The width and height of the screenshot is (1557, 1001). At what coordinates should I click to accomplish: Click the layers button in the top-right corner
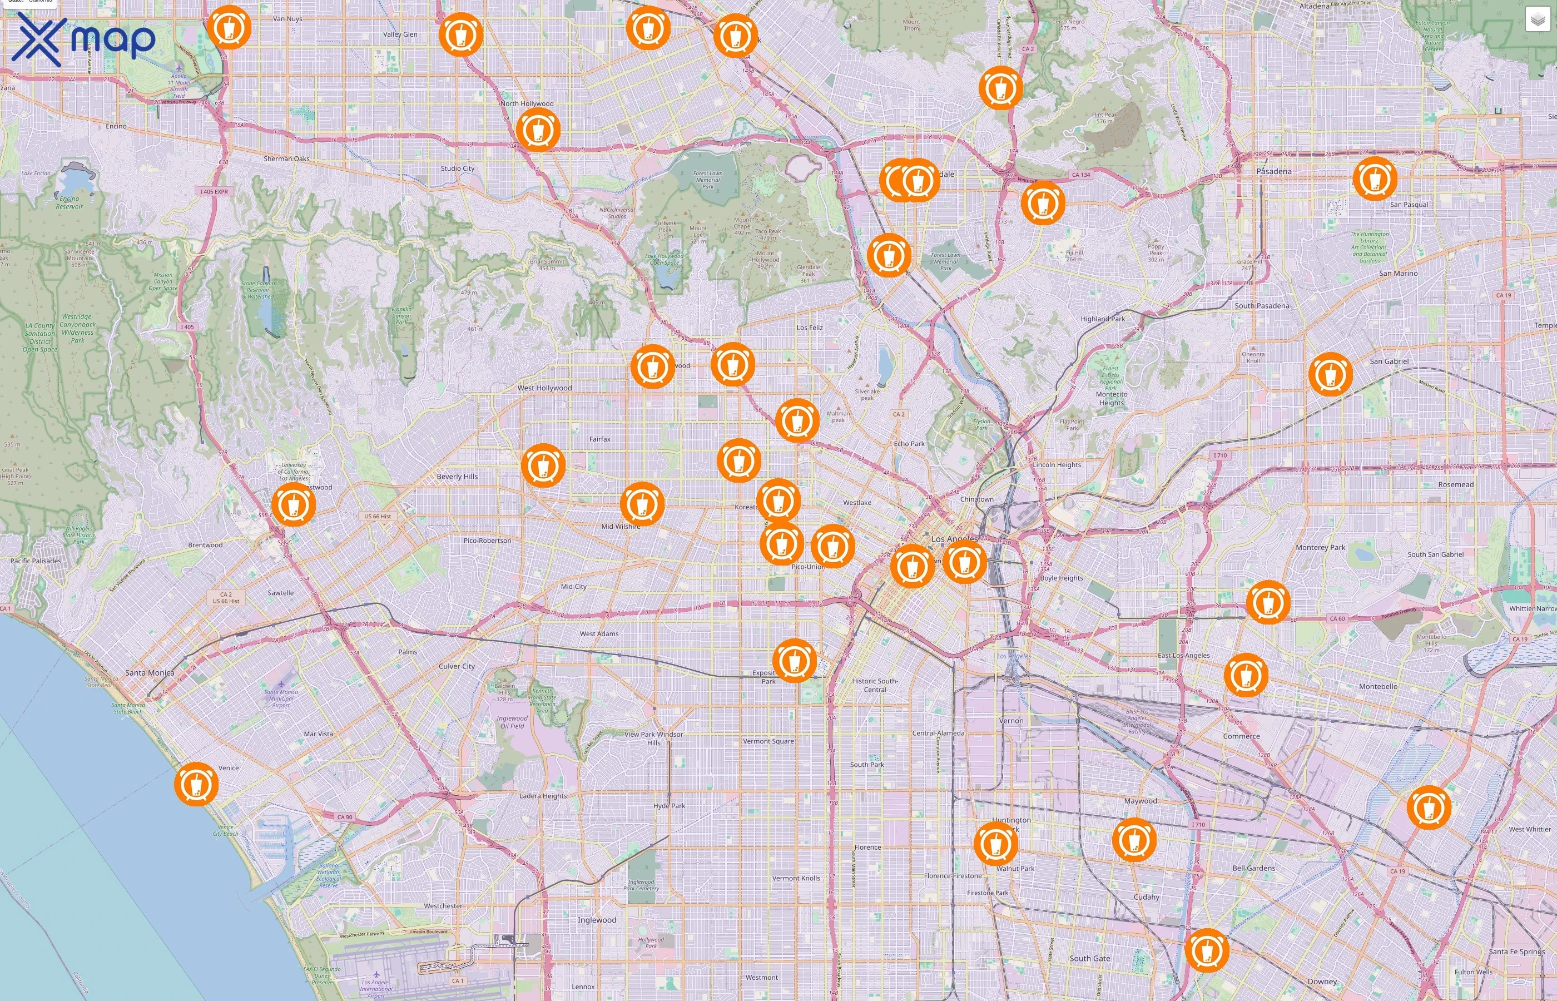click(x=1537, y=19)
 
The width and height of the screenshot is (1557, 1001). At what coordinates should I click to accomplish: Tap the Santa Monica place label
click(x=150, y=673)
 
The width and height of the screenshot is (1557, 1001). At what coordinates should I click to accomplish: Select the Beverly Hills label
click(x=457, y=477)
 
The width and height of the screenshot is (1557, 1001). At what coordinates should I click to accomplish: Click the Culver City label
click(x=457, y=666)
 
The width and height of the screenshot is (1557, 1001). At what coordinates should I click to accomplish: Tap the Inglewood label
click(x=597, y=920)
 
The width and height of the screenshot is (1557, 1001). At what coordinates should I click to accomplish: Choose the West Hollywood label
click(x=544, y=388)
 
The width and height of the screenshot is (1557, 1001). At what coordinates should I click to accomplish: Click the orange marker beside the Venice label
click(x=196, y=784)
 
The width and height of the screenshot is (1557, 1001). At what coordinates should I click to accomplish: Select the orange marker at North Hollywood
click(x=537, y=130)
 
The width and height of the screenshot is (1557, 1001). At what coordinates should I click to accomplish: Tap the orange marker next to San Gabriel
click(x=1330, y=374)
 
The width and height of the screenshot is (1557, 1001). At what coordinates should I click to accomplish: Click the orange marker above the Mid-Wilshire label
click(x=642, y=504)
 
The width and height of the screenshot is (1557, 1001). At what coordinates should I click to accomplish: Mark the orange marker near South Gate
click(x=1207, y=950)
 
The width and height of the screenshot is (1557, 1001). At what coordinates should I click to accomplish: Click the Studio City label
click(x=458, y=169)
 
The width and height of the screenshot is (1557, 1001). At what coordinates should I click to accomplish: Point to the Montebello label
click(x=1377, y=686)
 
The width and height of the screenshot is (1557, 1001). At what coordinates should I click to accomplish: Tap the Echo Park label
click(x=909, y=444)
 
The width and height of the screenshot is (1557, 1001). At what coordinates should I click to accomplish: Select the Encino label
click(x=116, y=126)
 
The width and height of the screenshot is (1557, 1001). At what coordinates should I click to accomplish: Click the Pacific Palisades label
click(x=36, y=561)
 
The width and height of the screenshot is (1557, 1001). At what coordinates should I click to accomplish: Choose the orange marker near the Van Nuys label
click(x=229, y=27)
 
